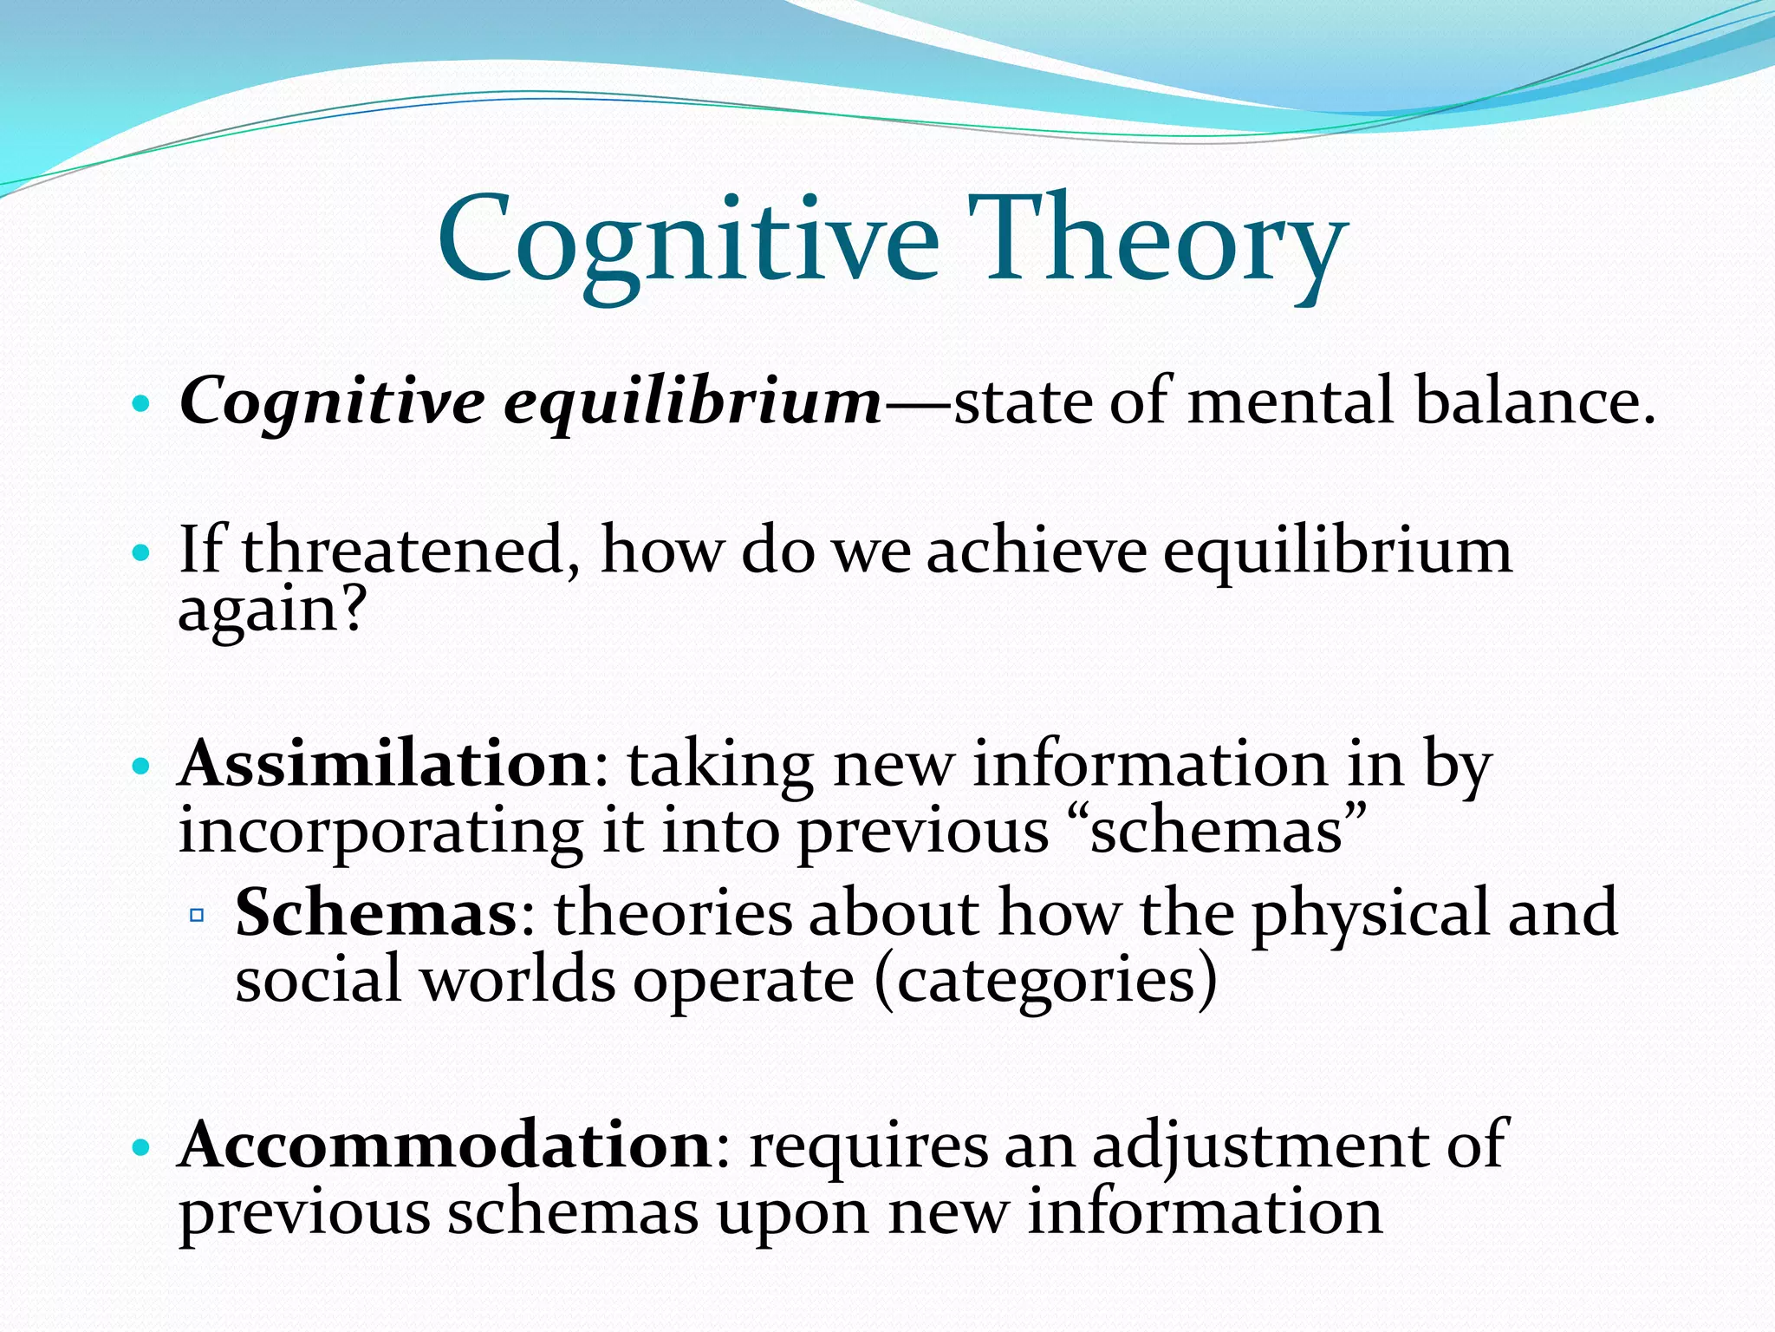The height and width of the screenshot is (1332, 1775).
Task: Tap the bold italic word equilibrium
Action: (x=692, y=403)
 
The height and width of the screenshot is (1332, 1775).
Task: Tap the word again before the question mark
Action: (x=257, y=610)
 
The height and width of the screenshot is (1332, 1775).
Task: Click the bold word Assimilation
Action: (x=385, y=764)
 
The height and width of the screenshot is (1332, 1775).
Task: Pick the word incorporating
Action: (x=380, y=832)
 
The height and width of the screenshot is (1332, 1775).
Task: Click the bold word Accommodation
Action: (x=445, y=1145)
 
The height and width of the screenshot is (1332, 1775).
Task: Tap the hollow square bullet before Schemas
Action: (x=197, y=915)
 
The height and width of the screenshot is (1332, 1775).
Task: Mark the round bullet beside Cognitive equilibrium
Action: (x=140, y=404)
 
